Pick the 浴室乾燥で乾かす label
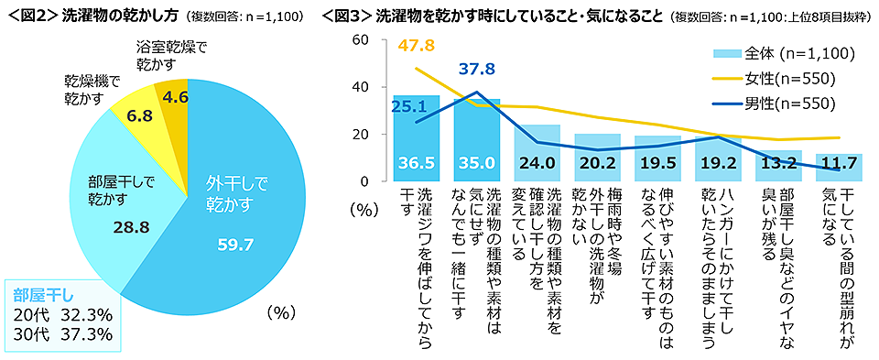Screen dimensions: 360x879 click(172, 55)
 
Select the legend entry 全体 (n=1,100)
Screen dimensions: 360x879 click(793, 54)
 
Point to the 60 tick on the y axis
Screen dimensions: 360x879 click(360, 39)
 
